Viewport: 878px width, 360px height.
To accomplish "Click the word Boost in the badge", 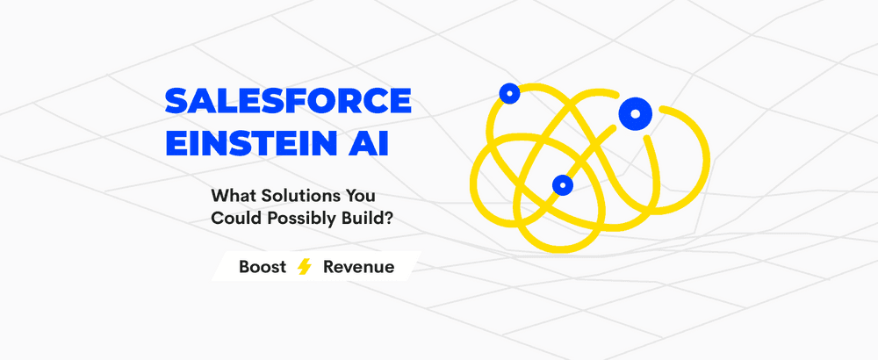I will click(263, 267).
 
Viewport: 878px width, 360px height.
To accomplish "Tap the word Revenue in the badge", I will click(358, 267).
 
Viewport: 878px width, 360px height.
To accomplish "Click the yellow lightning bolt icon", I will click(305, 267).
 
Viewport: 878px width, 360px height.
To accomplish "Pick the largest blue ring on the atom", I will click(634, 112).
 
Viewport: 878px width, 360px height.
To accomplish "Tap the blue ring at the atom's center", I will click(562, 184).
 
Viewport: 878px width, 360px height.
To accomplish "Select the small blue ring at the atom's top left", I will click(508, 92).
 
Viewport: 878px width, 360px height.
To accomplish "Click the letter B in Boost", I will click(245, 267).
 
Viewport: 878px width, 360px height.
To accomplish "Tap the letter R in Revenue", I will click(328, 267).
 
